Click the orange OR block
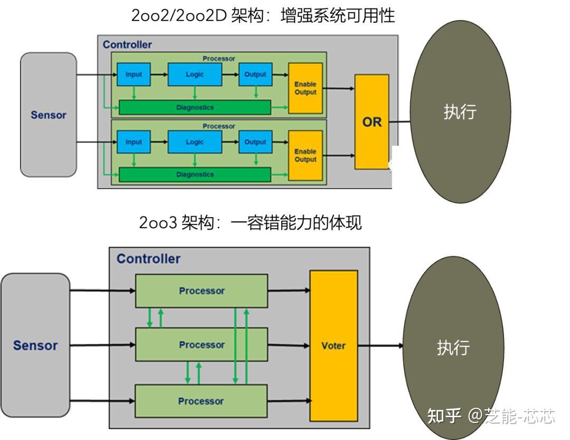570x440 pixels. [x=372, y=122]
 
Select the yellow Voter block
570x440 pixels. [x=334, y=345]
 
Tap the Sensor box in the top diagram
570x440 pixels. [x=49, y=115]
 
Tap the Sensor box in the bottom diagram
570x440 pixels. [x=35, y=345]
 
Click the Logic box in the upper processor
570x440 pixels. [x=194, y=74]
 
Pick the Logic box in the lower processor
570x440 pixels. [x=194, y=142]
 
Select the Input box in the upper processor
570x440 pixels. [x=134, y=74]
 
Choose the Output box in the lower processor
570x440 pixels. [x=255, y=142]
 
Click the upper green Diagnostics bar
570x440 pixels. [x=195, y=107]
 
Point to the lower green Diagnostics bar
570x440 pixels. [x=195, y=174]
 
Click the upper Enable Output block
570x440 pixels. [x=305, y=88]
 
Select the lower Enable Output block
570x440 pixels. [x=305, y=155]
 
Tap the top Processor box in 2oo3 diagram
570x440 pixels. [x=202, y=291]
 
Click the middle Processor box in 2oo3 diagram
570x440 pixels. [x=202, y=345]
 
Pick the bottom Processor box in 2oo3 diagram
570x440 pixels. [x=201, y=401]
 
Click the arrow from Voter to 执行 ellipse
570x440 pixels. [x=381, y=346]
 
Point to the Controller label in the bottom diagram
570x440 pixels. [x=148, y=259]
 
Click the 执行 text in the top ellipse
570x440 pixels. [x=460, y=112]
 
